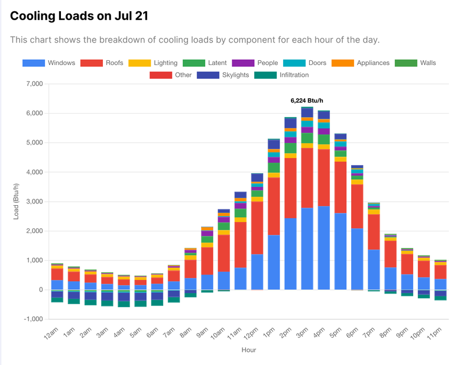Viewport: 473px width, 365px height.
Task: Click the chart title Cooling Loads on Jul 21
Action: tap(79, 16)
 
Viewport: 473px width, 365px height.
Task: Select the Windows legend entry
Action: tap(49, 63)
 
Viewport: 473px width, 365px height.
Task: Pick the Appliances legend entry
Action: tap(360, 63)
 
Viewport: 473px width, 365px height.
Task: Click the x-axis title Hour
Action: tap(248, 350)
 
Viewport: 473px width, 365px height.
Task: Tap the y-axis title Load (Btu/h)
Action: tap(17, 201)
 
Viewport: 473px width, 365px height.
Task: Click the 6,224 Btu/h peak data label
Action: tap(307, 101)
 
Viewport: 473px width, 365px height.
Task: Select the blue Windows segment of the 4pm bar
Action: tap(323, 248)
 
